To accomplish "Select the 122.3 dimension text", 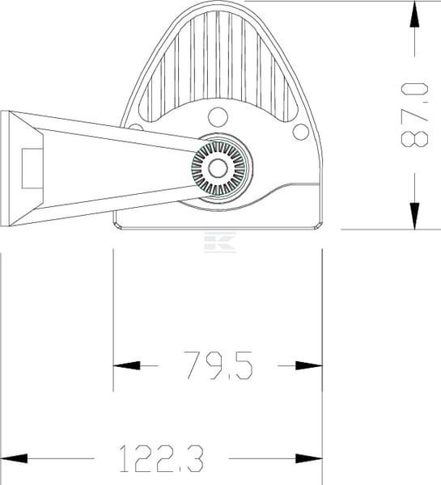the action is [162, 458].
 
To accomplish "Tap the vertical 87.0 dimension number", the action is [414, 115].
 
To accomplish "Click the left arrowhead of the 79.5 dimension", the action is [126, 365].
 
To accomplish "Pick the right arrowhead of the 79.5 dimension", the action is [309, 365].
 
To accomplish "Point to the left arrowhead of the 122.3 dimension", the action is [14, 458].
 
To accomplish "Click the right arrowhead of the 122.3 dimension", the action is [309, 458].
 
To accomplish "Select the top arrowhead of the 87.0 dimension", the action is [414, 15].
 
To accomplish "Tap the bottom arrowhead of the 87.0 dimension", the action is [414, 216].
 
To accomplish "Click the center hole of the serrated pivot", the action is [218, 168].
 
